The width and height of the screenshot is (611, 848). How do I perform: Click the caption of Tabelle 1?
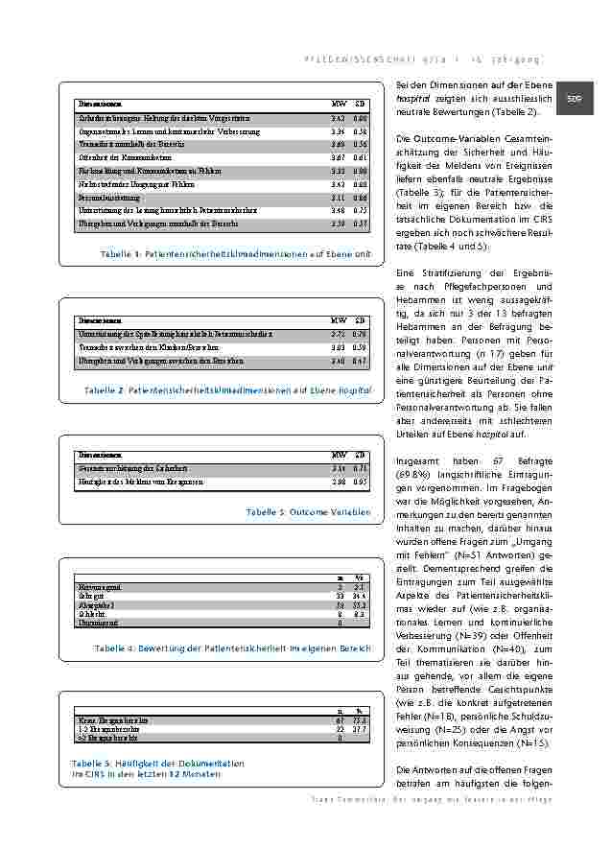(235, 253)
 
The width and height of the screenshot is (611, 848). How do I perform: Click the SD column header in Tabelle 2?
(361, 318)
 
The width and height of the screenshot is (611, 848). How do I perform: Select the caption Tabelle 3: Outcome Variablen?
(308, 512)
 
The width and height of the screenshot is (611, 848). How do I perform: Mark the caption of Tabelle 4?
(232, 649)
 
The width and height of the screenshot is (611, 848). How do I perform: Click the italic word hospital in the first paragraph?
(413, 99)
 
